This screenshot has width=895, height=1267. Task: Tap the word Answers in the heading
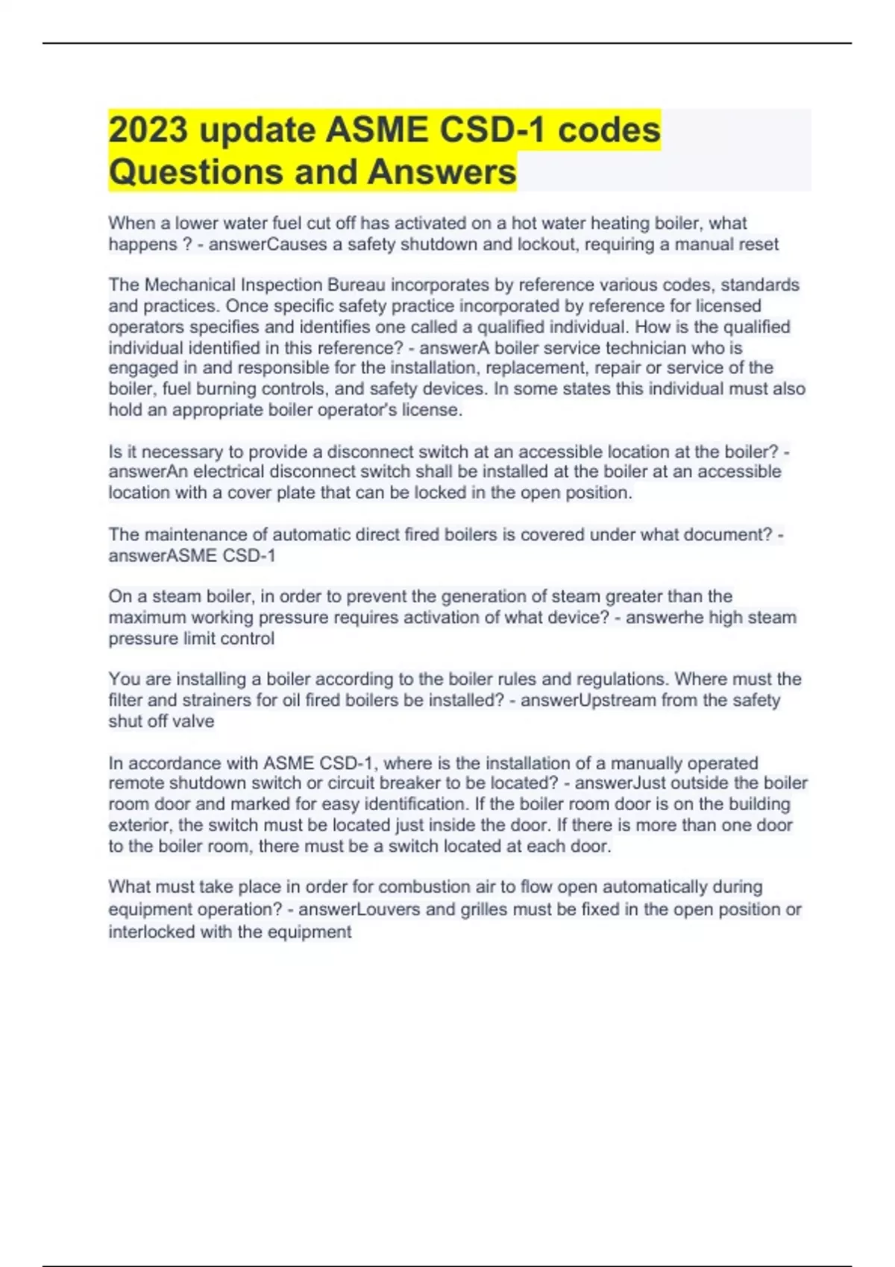coord(442,171)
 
